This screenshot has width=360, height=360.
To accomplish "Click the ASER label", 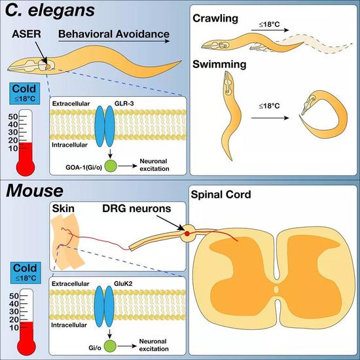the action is (x=26, y=34).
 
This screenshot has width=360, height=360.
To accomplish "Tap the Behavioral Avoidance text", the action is (x=114, y=34).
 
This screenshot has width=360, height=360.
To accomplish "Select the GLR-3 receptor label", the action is (x=124, y=103).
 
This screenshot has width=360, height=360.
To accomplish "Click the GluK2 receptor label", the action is (x=123, y=284).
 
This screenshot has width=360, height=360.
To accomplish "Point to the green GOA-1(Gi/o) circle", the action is (x=111, y=166).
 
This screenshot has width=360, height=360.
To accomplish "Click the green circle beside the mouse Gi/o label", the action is (x=110, y=346).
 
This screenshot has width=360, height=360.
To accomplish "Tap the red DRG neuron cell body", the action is (x=187, y=234).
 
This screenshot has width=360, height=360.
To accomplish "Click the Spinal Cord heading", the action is (x=221, y=194).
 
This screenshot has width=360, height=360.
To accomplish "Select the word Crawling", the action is (x=215, y=18).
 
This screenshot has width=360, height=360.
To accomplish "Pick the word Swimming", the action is (x=219, y=65).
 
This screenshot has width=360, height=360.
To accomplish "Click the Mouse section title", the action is (x=35, y=190).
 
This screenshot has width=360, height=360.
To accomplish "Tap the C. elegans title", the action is (x=50, y=10).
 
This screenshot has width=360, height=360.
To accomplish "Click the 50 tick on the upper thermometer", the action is (x=13, y=117).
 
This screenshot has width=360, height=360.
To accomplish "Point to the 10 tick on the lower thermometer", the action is (x=14, y=328).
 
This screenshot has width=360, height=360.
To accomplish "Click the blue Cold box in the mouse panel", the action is (x=26, y=273).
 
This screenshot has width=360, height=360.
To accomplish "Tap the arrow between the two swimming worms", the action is (x=270, y=118).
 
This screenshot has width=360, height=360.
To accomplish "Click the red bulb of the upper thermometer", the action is (x=26, y=166).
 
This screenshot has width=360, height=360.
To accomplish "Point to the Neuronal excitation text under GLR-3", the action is (x=154, y=165).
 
